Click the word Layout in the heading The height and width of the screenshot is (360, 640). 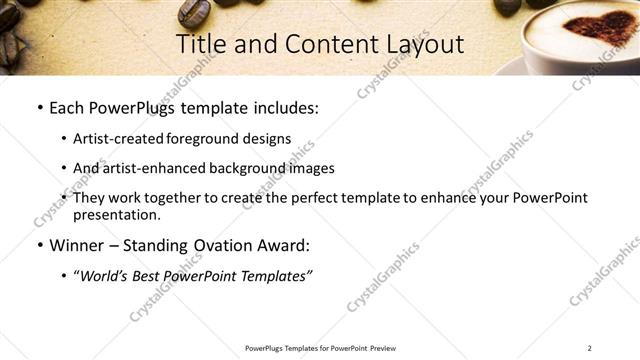pyautogui.click(x=425, y=44)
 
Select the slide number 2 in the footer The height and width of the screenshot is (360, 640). pyautogui.click(x=589, y=348)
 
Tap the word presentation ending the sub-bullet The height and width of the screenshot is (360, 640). pyautogui.click(x=115, y=214)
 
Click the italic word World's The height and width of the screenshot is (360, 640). pyautogui.click(x=105, y=276)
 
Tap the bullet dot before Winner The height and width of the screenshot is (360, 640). pyautogui.click(x=39, y=246)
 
